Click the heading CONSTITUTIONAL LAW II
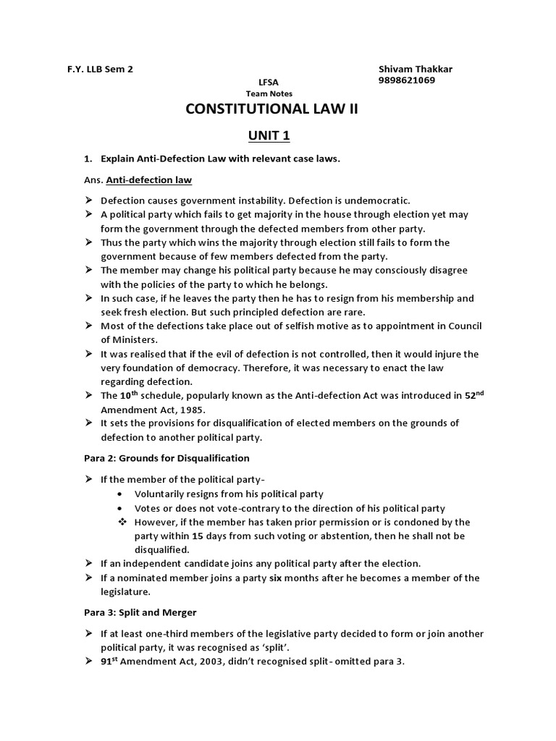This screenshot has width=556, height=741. (x=271, y=109)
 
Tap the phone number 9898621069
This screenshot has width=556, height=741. (x=406, y=80)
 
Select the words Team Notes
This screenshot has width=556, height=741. (x=269, y=94)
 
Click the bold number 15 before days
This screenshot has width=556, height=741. (x=198, y=535)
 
